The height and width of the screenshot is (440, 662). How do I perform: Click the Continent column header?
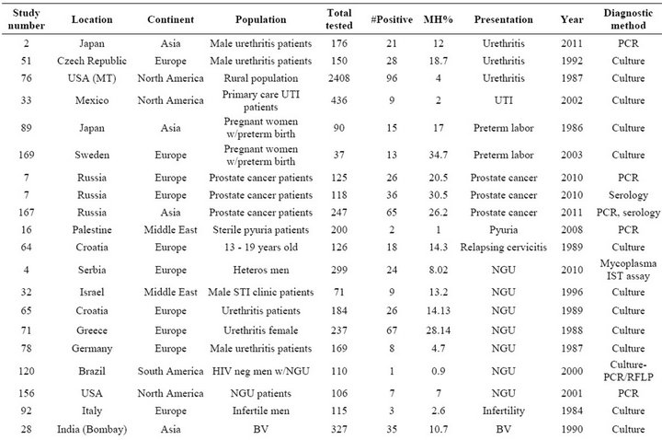pos(171,19)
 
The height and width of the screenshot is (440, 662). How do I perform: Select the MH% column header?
pos(439,19)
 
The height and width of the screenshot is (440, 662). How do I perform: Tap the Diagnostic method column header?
pos(628,19)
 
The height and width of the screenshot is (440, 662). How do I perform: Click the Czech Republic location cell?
pos(92,61)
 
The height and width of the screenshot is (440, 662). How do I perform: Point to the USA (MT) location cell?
pos(92,78)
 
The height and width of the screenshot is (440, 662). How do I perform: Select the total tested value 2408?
pos(339,78)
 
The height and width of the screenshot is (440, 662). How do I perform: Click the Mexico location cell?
pos(92,100)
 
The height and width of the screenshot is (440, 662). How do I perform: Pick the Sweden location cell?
pos(92,155)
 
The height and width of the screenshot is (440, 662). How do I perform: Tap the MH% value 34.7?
pos(439,155)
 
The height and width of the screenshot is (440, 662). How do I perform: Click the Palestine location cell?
pos(92,229)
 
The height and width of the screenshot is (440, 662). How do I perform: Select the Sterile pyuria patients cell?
pos(260,230)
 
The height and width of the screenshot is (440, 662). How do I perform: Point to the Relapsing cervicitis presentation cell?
pos(503,248)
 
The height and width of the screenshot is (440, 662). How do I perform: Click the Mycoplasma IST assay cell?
pos(628,270)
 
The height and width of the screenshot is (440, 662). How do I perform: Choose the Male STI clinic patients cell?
pos(260,292)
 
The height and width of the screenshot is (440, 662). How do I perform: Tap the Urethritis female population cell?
pos(260,330)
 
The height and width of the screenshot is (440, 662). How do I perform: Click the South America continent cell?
pos(171,371)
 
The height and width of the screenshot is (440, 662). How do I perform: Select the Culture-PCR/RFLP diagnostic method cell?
pos(628,371)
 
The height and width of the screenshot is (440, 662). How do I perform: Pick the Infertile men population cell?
pos(260,411)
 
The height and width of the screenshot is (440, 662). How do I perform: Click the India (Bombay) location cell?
pos(92,429)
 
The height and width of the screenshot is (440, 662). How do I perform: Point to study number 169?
pos(26,155)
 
